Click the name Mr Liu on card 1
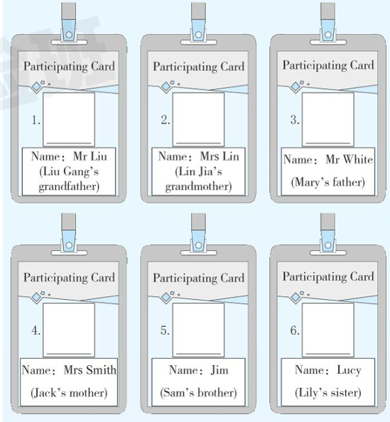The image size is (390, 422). [x=90, y=156]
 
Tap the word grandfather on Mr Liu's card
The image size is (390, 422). [x=69, y=187]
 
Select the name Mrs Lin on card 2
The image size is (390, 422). [x=220, y=156]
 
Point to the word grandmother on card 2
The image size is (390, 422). [x=198, y=187]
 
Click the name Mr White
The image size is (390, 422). [x=349, y=159]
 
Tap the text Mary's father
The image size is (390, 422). [x=327, y=182]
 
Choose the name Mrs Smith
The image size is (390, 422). [x=90, y=370]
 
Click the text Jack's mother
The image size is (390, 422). [x=69, y=393]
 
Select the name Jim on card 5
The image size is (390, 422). [x=220, y=370]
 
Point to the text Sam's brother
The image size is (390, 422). [x=198, y=393]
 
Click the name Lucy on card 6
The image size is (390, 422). [x=349, y=371]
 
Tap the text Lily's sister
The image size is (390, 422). [x=327, y=393]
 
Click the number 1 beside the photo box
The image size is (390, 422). [x=36, y=120]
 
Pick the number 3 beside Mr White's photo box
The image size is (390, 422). [x=295, y=120]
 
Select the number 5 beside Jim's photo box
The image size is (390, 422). [x=165, y=330]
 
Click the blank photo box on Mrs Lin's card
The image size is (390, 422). [x=198, y=119]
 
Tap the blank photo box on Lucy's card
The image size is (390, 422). [x=327, y=330]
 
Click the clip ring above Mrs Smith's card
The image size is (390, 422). [x=69, y=245]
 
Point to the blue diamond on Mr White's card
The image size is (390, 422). [x=296, y=87]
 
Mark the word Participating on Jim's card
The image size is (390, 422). [x=185, y=278]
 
